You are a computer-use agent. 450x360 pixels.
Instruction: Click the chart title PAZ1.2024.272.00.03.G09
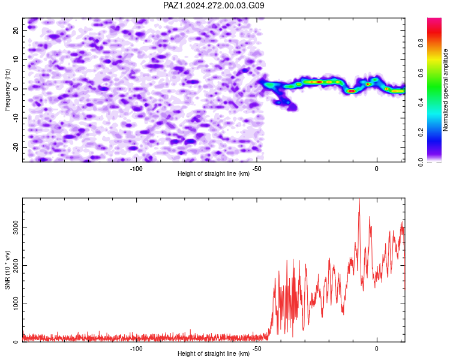(x=214, y=5)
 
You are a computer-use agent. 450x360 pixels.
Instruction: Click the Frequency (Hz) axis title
(x=7, y=90)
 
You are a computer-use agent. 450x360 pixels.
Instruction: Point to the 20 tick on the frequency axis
(x=16, y=30)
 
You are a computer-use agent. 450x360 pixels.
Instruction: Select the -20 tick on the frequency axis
(x=16, y=147)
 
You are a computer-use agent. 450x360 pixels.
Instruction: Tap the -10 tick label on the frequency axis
(x=16, y=118)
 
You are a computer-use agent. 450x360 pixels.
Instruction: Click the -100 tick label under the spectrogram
(x=136, y=169)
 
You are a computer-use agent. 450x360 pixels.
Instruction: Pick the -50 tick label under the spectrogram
(x=257, y=169)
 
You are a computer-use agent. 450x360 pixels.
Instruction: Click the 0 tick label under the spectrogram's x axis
(x=377, y=169)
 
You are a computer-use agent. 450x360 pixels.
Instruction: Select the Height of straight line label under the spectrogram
(x=214, y=173)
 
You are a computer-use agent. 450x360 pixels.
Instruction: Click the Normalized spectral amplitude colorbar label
(x=445, y=90)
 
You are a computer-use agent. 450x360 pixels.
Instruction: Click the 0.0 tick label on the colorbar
(x=421, y=162)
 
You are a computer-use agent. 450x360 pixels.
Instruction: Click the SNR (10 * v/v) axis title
(x=7, y=270)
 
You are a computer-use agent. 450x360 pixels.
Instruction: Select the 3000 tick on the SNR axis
(x=16, y=227)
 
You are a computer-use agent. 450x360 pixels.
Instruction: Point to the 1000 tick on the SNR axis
(x=16, y=304)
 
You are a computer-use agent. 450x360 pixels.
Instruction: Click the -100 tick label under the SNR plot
(x=136, y=349)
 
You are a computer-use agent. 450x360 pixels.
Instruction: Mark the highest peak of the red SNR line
(x=359, y=199)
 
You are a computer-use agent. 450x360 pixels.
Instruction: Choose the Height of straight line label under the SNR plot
(x=214, y=353)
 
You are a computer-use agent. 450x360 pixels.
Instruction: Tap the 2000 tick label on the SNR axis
(x=16, y=266)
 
